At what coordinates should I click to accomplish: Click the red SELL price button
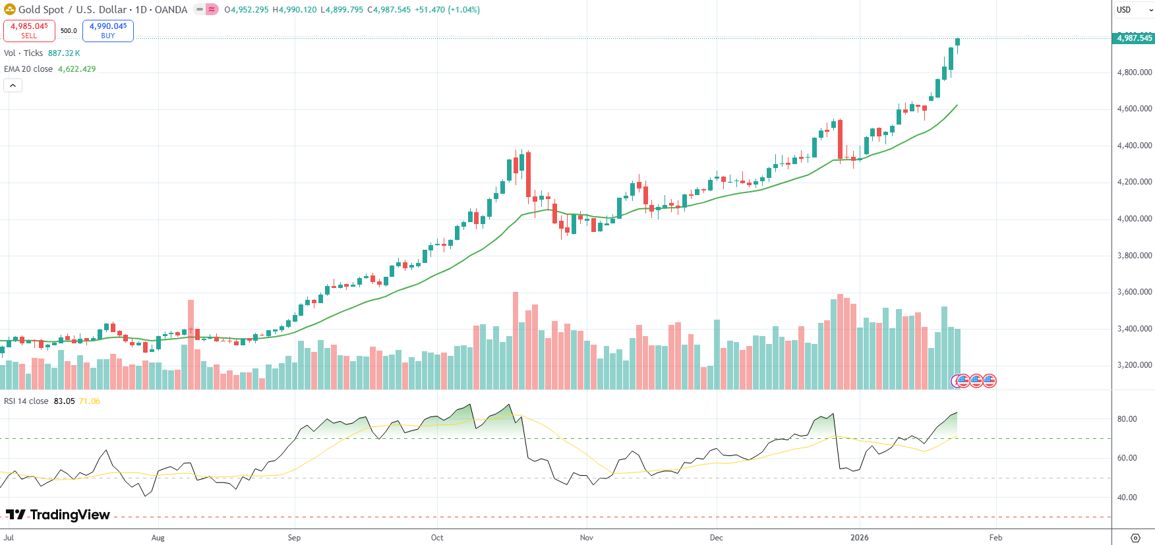(29, 30)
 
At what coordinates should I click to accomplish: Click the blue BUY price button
(108, 30)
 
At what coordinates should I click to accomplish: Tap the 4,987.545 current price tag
(1134, 38)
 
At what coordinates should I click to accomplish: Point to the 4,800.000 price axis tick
(1134, 72)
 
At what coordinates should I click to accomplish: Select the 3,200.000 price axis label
(1134, 365)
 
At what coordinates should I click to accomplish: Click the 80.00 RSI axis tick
(1127, 419)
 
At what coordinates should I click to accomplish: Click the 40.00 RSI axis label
(1127, 498)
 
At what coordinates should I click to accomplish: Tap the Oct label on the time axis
(437, 538)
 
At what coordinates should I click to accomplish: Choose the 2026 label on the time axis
(859, 538)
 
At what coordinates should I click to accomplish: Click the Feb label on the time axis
(995, 538)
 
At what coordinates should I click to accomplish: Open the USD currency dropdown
(1133, 10)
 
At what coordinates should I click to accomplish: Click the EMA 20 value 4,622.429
(76, 69)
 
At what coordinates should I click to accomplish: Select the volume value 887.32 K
(64, 53)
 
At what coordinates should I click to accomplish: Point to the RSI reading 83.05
(64, 401)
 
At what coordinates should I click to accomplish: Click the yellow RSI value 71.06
(90, 401)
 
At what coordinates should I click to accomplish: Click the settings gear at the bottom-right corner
(1135, 538)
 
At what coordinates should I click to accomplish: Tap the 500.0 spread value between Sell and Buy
(69, 30)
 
